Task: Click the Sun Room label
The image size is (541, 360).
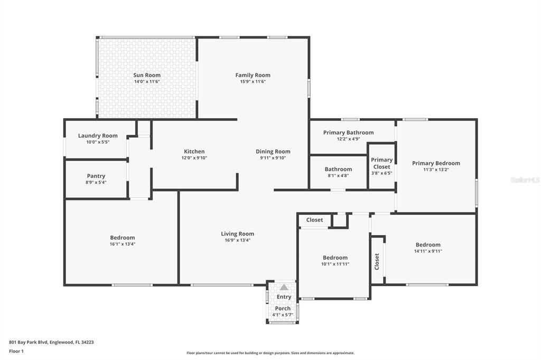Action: [147, 75]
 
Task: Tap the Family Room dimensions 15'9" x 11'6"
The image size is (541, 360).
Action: [253, 82]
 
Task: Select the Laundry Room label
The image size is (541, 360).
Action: [98, 136]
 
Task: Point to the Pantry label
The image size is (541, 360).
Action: [96, 176]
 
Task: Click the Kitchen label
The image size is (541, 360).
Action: [194, 151]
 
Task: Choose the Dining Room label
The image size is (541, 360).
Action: [273, 151]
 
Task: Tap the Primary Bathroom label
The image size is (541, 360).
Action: [348, 132]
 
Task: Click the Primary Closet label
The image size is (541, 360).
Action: [381, 163]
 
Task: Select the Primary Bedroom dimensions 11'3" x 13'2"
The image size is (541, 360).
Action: [436, 170]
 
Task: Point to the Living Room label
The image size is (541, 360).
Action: [237, 234]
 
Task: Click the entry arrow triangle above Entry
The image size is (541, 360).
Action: [284, 288]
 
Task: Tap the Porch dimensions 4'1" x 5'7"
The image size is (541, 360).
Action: [283, 315]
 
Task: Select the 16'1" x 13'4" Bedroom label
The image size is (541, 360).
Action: [122, 238]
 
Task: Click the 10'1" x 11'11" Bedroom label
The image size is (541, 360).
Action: [335, 258]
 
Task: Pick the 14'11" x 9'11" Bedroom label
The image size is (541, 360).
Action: [428, 245]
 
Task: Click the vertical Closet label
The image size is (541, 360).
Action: [377, 261]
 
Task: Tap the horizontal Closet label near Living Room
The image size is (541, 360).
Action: [314, 220]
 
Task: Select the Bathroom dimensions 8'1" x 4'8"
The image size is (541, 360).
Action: [338, 175]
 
